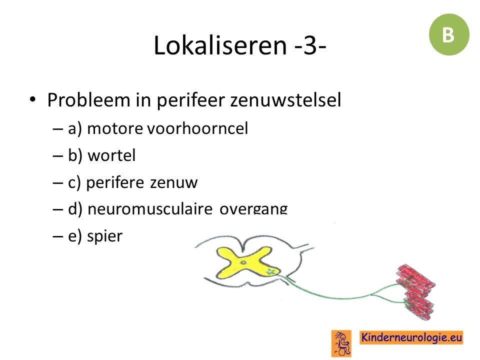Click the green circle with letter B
click(x=449, y=34)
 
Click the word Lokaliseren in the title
click(x=220, y=45)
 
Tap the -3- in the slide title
click(x=310, y=45)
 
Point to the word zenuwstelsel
click(x=285, y=100)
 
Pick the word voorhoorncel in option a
click(x=197, y=128)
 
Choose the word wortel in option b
click(x=111, y=155)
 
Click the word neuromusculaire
click(x=149, y=209)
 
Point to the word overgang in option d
click(x=253, y=209)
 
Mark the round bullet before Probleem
click(x=32, y=99)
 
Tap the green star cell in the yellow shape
click(x=270, y=271)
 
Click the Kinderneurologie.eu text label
click(x=411, y=337)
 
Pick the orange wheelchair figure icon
click(x=341, y=343)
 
